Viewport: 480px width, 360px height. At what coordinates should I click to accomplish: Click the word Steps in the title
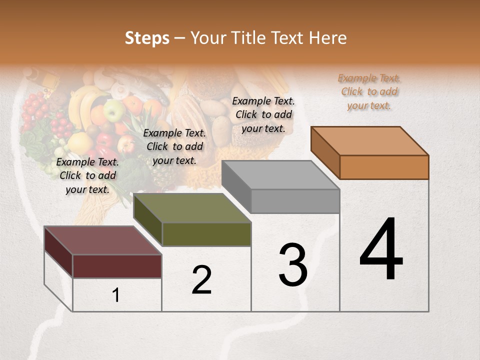[147, 38]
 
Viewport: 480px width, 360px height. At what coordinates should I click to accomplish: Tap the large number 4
[381, 250]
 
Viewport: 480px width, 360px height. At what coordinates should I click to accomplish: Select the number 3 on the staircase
[293, 265]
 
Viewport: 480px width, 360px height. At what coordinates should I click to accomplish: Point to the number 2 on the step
[201, 280]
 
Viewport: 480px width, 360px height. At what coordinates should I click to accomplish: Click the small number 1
[116, 295]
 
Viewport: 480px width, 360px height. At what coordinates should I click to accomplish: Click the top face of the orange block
[370, 141]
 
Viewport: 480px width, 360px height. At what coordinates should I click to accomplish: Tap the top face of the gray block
[280, 175]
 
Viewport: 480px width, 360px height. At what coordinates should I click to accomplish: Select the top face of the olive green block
[192, 208]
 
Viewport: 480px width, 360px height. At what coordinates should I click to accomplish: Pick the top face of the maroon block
[103, 240]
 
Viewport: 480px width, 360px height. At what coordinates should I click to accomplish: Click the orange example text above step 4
[369, 92]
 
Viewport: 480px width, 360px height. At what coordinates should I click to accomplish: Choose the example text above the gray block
[263, 115]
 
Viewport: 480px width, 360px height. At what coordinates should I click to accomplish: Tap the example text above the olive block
[174, 147]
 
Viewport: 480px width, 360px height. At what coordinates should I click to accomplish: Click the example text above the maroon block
[87, 176]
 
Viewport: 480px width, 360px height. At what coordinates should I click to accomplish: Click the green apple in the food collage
[114, 111]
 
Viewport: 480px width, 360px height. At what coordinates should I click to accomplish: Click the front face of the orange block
[384, 167]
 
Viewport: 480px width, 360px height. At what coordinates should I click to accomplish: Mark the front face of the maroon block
[117, 266]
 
